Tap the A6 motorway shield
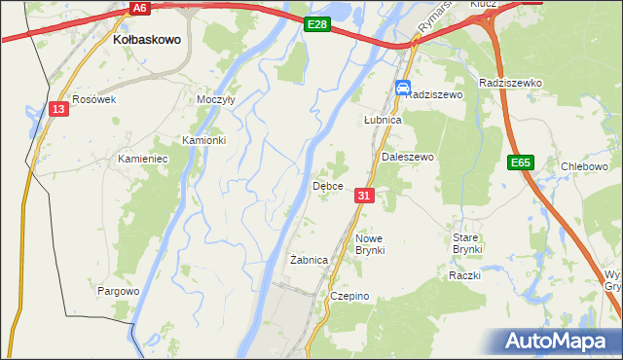tap(139, 8)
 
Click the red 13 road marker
tap(59, 109)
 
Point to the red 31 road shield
tap(364, 196)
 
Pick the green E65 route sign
tap(520, 163)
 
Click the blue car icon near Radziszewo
tap(402, 89)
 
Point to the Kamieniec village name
tap(144, 158)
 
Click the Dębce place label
tap(326, 185)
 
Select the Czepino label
tap(349, 296)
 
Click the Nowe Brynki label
tap(370, 244)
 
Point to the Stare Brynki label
tap(467, 243)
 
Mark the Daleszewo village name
tap(407, 157)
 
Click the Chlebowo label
tap(585, 166)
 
